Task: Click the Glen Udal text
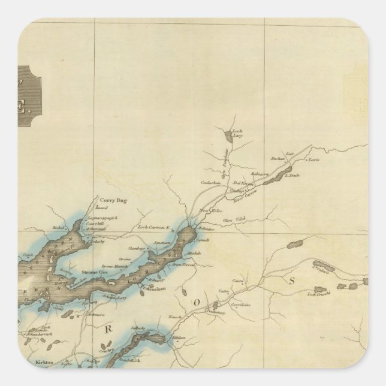(230, 219)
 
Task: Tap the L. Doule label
(292, 175)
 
